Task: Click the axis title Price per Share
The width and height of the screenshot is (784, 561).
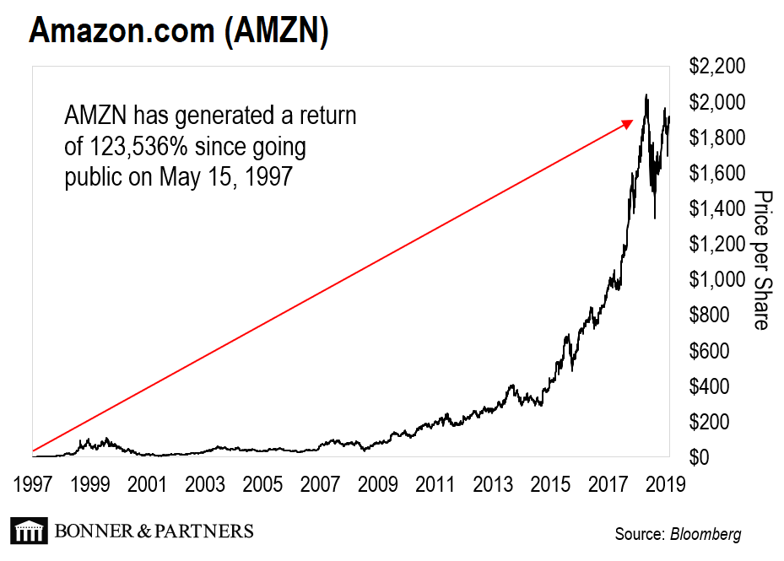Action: [761, 260]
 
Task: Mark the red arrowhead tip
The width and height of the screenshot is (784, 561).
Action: [632, 121]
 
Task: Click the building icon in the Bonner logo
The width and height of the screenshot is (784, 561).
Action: [28, 531]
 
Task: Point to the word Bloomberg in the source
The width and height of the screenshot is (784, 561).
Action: [706, 534]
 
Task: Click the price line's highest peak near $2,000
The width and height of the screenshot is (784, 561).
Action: [646, 95]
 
